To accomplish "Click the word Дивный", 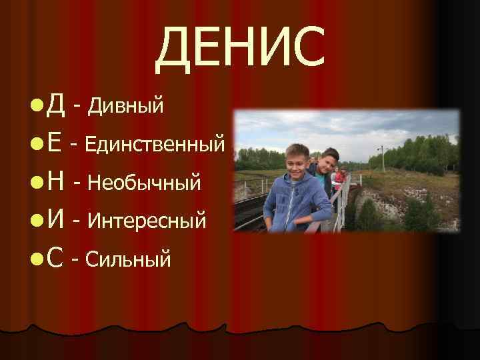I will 126,105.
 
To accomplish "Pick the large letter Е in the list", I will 56,142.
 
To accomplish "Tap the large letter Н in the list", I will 57,180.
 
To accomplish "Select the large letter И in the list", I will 57,218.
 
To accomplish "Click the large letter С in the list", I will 56,256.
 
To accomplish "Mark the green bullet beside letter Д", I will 35,105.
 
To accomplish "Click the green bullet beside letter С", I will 35,257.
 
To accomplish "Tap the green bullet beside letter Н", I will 35,181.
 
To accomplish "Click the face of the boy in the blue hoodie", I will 295,163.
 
